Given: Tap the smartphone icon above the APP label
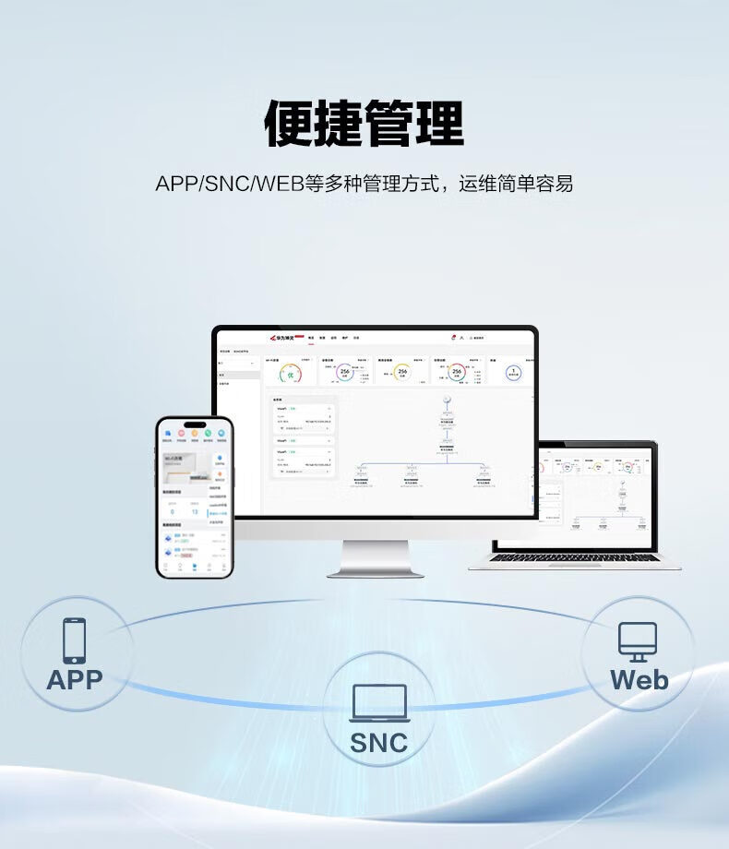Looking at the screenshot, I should coord(75,640).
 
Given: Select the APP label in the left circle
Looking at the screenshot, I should coord(75,681).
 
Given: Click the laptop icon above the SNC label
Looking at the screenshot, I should coord(378,703).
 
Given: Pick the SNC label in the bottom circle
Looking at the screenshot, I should coord(378,742).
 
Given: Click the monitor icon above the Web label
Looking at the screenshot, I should coord(638,641).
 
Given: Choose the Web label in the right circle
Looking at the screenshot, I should coord(639,681).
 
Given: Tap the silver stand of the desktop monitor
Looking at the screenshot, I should coord(375,557).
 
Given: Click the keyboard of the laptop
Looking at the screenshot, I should coord(574,556).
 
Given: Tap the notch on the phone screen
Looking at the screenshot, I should coord(194,426).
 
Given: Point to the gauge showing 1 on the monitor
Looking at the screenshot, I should coord(512,373).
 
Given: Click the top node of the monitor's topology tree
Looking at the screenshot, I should coord(446,400).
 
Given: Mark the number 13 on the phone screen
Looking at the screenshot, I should coord(195,511).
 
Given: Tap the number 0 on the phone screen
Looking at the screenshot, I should coord(172,511).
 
